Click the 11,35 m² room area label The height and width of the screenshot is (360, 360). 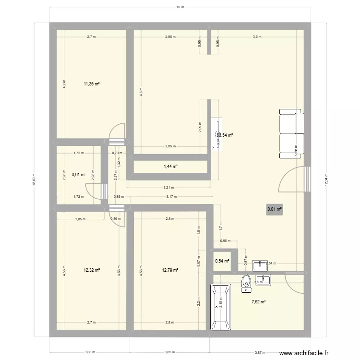coord(91,84)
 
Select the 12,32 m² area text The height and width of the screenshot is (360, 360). coord(91,270)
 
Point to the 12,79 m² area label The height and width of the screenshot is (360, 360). coord(170,270)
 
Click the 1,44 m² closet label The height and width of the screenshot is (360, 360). coord(171,167)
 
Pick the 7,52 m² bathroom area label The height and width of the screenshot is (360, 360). coord(259,302)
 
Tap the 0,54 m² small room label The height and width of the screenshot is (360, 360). coord(222,261)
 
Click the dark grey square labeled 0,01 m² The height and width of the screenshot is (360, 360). coord(275,209)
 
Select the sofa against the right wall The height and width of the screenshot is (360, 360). coord(291,133)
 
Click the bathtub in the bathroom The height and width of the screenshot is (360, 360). coord(220,307)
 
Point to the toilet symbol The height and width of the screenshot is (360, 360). coord(246,283)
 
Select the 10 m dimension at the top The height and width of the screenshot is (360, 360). coord(180,7)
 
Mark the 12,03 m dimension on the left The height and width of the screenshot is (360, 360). coord(34,181)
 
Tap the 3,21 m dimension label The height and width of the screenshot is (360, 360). coord(168,188)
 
